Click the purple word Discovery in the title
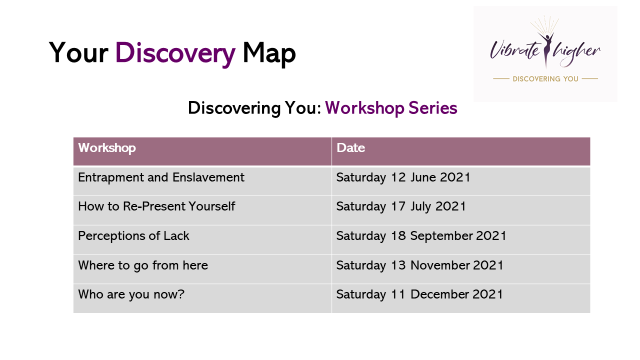[x=175, y=53]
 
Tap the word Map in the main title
[x=269, y=53]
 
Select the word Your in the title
[x=78, y=52]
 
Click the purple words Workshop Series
[x=391, y=108]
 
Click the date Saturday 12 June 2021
[x=403, y=177]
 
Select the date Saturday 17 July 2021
[x=401, y=206]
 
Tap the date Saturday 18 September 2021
[x=421, y=236]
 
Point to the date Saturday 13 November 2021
[x=419, y=265]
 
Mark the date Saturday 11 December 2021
[x=419, y=294]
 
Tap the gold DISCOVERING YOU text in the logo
[x=545, y=79]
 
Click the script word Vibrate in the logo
[x=514, y=50]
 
